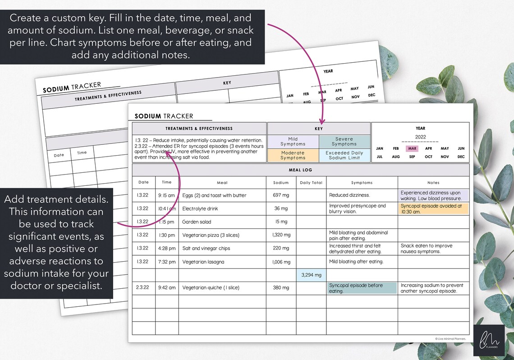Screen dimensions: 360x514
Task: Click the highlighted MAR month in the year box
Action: (x=412, y=148)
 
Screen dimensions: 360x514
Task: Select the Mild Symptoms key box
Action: (x=293, y=142)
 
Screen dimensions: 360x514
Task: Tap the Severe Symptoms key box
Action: (x=344, y=142)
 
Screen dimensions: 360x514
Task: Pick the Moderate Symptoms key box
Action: (x=293, y=155)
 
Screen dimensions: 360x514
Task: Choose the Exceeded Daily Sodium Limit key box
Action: (x=344, y=155)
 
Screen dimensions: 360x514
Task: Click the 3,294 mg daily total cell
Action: (x=311, y=275)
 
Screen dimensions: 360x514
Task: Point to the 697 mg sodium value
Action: (x=281, y=196)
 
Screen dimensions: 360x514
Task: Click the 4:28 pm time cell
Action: (x=167, y=249)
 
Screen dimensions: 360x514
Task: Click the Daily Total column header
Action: (x=311, y=183)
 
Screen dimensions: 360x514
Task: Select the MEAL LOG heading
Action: (x=301, y=170)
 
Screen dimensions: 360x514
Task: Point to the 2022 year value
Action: (x=420, y=137)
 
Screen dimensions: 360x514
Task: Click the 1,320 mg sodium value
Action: (x=281, y=235)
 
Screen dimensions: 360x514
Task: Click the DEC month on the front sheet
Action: (x=461, y=157)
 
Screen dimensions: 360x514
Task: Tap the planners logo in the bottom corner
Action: (x=489, y=341)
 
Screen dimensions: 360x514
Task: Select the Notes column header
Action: (x=433, y=183)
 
